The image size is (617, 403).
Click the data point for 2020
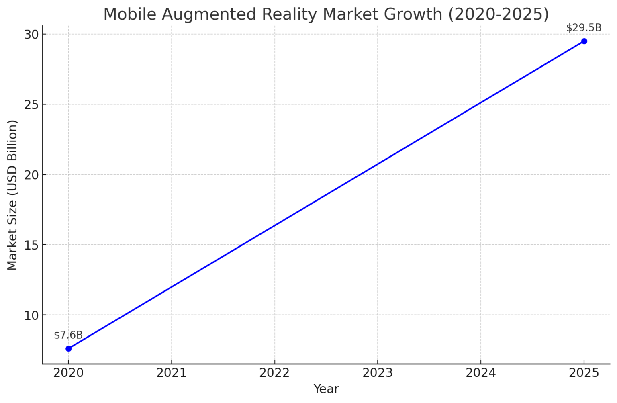click(x=68, y=348)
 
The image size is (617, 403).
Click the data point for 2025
click(x=584, y=41)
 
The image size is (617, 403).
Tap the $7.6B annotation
click(x=68, y=335)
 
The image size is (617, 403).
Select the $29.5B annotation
click(x=584, y=28)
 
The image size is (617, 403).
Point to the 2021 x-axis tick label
click(x=172, y=373)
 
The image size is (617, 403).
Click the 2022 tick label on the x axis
click(x=275, y=373)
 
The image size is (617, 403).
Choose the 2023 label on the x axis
click(x=378, y=373)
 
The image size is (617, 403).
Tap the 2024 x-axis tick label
click(x=481, y=373)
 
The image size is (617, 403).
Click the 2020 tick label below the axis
click(x=68, y=373)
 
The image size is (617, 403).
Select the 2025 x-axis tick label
click(x=584, y=373)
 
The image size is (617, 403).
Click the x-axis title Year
click(x=326, y=389)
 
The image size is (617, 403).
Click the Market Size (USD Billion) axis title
click(x=12, y=195)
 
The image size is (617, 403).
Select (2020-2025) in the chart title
click(x=498, y=14)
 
